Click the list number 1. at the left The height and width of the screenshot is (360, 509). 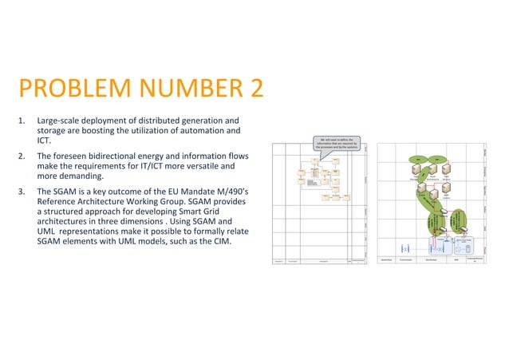tap(22, 121)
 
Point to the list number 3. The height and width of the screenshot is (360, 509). tap(22, 192)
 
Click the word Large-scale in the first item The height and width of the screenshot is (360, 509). tap(61, 121)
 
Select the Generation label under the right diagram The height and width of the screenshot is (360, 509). tap(388, 259)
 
